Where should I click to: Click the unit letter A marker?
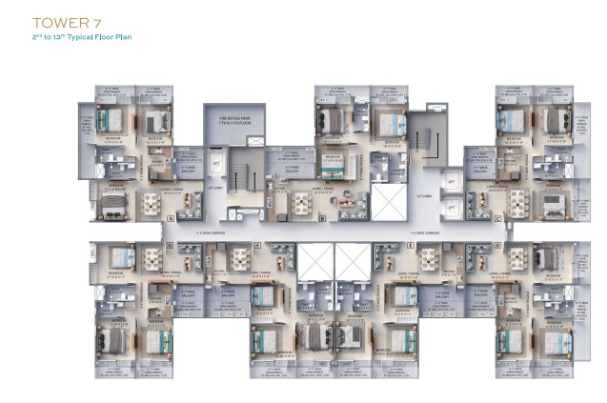point(170,218)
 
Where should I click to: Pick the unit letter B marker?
point(323,218)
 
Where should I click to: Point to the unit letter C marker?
point(497,218)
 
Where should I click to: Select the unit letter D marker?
point(497,245)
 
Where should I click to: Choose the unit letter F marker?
point(257,245)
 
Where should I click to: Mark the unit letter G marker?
point(169,245)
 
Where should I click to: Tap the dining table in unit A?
point(150,202)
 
